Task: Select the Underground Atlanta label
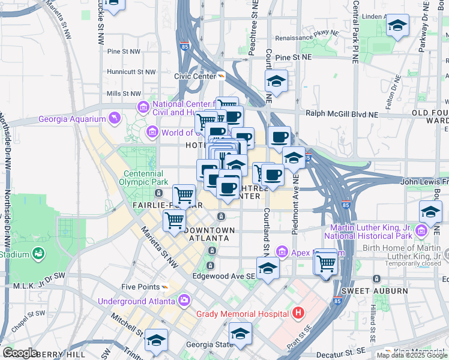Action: pyautogui.click(x=137, y=301)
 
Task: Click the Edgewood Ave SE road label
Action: pyautogui.click(x=224, y=276)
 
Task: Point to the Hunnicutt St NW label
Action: pyautogui.click(x=131, y=72)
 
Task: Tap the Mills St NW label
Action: pyautogui.click(x=123, y=94)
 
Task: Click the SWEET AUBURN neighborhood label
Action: pyautogui.click(x=367, y=291)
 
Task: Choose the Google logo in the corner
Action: pyautogui.click(x=19, y=352)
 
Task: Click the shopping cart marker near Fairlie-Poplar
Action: pyautogui.click(x=184, y=195)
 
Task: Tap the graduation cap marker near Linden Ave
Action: pyautogui.click(x=397, y=26)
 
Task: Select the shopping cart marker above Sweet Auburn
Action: pyautogui.click(x=326, y=262)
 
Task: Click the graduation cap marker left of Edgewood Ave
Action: pyautogui.click(x=268, y=268)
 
